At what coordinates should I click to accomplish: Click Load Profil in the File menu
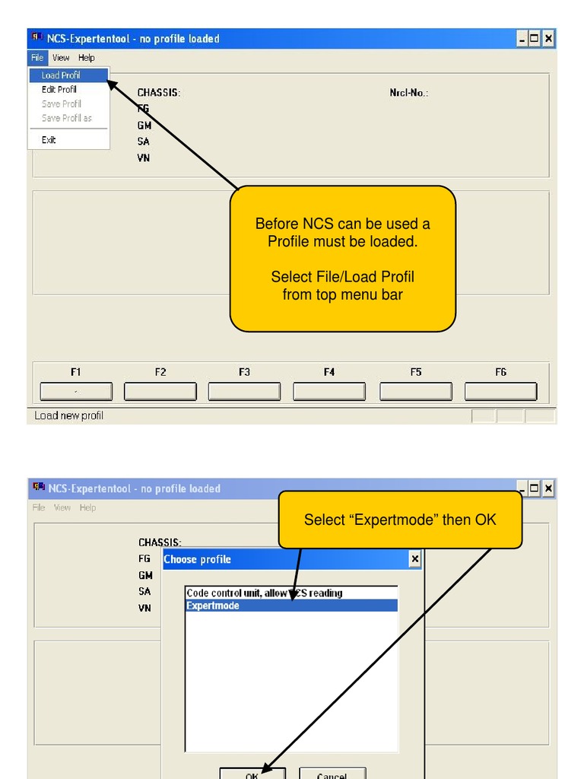(61, 75)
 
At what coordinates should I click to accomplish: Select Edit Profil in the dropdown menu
(59, 90)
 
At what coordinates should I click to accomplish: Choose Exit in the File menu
(49, 140)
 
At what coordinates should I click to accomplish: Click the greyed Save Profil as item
(67, 119)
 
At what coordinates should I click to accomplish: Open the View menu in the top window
(61, 58)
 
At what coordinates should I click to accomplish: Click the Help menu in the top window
(87, 58)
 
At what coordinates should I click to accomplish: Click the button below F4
(328, 391)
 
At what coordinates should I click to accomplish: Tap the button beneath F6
(500, 391)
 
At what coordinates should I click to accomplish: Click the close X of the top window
(548, 39)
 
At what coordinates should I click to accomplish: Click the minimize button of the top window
(522, 39)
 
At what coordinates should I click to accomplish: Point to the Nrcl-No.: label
(408, 93)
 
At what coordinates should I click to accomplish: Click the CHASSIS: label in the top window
(159, 93)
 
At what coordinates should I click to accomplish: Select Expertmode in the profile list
(291, 606)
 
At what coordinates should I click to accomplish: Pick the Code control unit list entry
(264, 593)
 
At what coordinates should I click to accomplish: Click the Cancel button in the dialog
(332, 773)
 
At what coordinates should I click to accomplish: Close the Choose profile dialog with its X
(414, 559)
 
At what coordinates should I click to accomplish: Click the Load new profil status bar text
(68, 416)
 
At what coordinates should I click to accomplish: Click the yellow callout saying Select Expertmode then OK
(400, 520)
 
